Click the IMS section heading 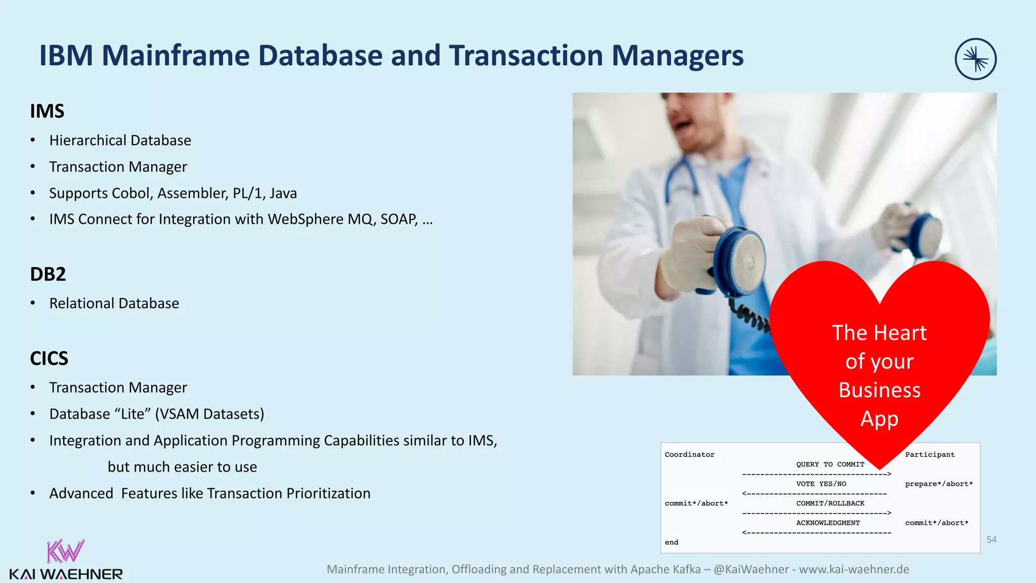(x=47, y=111)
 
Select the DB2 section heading (x=48, y=274)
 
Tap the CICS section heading (x=49, y=359)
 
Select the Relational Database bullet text (x=114, y=303)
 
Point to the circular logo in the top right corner (x=975, y=59)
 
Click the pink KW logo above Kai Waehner (x=65, y=551)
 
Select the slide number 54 (x=991, y=539)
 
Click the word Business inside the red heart (x=879, y=390)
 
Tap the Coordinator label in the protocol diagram (x=689, y=454)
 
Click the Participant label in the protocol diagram (x=930, y=454)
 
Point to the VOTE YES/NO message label (x=821, y=484)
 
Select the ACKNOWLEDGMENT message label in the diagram (x=828, y=523)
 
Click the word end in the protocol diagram (x=671, y=543)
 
